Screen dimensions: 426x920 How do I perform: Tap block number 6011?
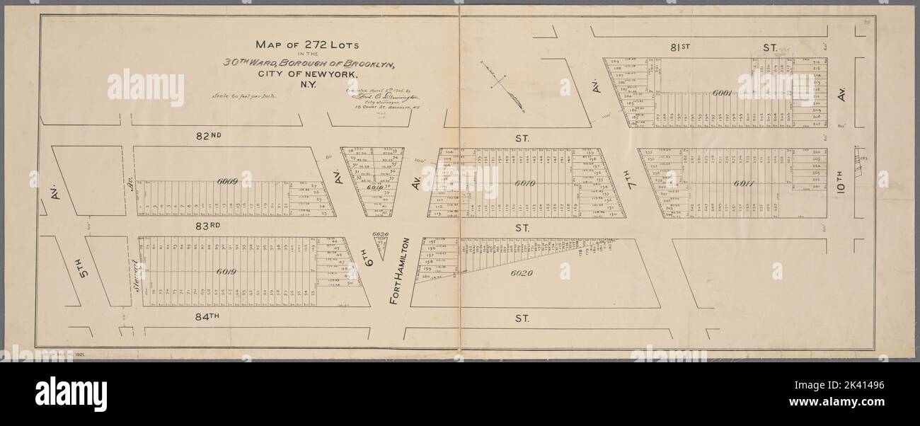(742, 183)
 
